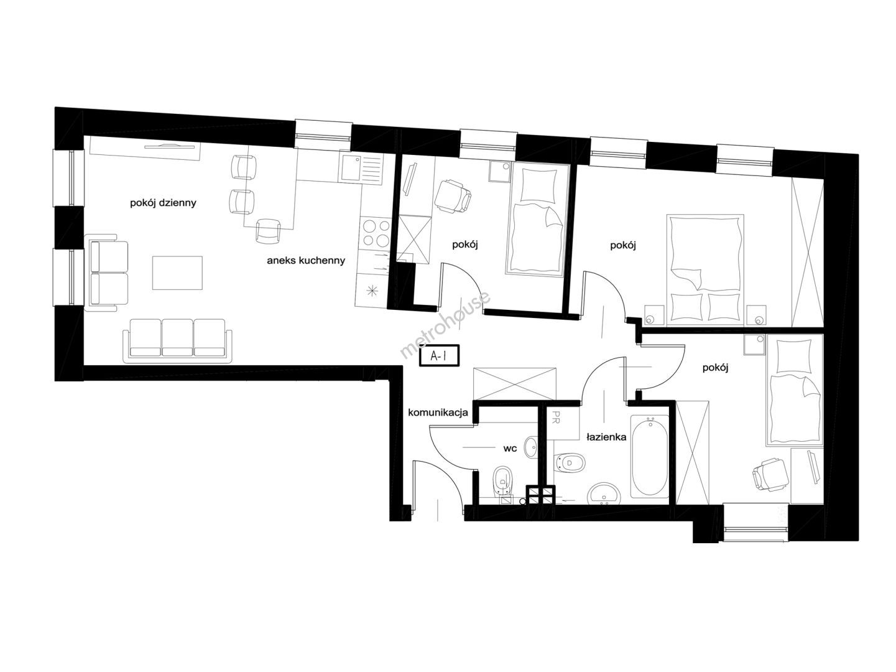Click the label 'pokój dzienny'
tap(163, 203)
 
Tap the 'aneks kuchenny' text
tap(306, 260)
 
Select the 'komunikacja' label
tap(438, 413)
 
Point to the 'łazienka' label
tap(606, 437)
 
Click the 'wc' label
tap(510, 449)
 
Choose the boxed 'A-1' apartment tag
tap(439, 356)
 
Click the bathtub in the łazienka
tap(650, 456)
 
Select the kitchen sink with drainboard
tap(361, 168)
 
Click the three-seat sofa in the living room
tap(177, 340)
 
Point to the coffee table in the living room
tap(177, 273)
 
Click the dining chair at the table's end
tap(268, 230)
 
